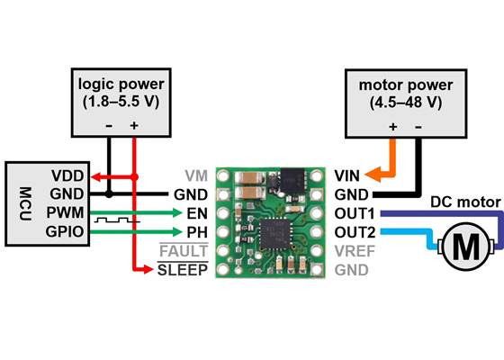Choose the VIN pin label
pyautogui.click(x=346, y=175)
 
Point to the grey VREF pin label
pyautogui.click(x=352, y=251)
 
